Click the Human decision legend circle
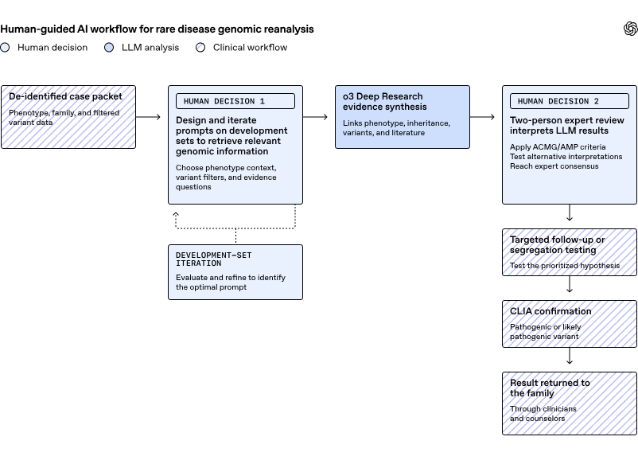click(5, 48)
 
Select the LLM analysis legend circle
click(109, 48)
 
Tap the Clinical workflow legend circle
click(200, 48)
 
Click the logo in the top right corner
click(631, 29)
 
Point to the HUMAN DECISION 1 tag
click(235, 101)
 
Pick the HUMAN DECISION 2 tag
click(570, 101)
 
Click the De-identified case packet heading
click(65, 96)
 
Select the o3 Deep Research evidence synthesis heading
click(384, 101)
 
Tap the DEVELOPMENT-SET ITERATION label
click(214, 259)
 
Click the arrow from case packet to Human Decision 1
click(148, 117)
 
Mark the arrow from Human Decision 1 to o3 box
click(315, 117)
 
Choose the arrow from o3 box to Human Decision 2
click(482, 117)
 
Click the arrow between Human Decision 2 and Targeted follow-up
click(570, 212)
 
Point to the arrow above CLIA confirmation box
click(570, 284)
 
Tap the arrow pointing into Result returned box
click(570, 356)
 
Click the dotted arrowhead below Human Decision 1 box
click(176, 214)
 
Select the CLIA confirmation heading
click(550, 311)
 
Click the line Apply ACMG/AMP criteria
click(558, 147)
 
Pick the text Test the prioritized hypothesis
click(565, 266)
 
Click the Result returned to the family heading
click(550, 388)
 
